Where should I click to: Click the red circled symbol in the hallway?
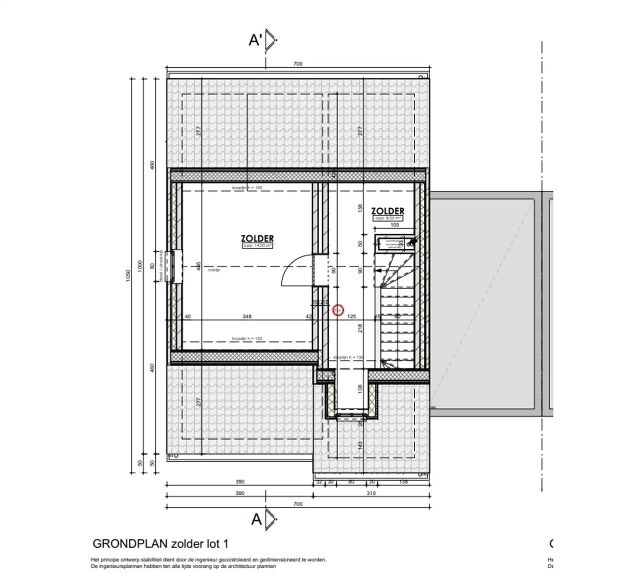(x=338, y=310)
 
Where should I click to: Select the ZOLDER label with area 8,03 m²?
(x=388, y=211)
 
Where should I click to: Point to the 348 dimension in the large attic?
(x=247, y=316)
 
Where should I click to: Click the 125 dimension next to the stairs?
(x=351, y=316)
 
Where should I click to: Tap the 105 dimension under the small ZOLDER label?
(x=394, y=225)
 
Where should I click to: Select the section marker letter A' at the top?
(x=255, y=40)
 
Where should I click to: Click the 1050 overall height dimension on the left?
(x=128, y=276)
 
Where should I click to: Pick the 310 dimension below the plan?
(x=371, y=493)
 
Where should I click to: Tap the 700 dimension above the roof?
(x=298, y=64)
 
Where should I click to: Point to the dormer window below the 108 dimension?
(x=351, y=415)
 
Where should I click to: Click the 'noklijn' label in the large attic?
(x=214, y=270)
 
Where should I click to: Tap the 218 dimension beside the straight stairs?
(x=360, y=328)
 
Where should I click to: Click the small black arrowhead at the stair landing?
(x=378, y=270)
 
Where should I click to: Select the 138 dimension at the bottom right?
(x=403, y=482)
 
